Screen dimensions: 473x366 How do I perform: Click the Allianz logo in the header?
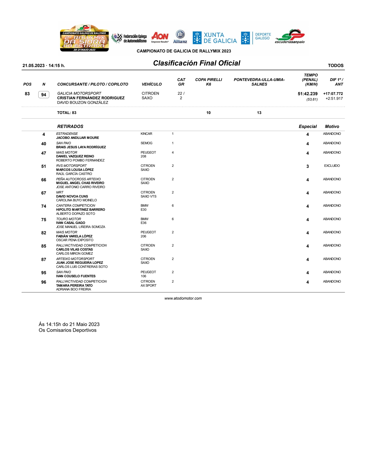(180, 37)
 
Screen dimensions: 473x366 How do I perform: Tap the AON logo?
(160, 37)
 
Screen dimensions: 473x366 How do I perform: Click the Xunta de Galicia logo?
(215, 38)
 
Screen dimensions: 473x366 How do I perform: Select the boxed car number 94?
(44, 95)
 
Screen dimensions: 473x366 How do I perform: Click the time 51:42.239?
(308, 94)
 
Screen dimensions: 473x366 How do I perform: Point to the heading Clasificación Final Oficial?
(196, 63)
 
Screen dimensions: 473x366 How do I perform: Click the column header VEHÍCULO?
(151, 84)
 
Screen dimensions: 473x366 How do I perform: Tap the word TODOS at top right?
(335, 66)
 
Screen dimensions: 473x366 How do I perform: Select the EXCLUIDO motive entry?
(332, 166)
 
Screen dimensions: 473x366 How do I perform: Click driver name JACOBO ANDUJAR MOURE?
(78, 138)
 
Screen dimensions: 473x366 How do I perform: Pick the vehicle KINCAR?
(146, 134)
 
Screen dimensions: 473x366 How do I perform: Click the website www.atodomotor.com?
(183, 298)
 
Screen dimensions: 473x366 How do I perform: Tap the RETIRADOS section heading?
(70, 126)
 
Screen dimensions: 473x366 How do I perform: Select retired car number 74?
(44, 206)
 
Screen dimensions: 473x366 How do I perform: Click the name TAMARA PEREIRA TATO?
(74, 285)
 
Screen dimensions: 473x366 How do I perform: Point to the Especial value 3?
(308, 166)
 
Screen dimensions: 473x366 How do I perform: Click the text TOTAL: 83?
(67, 113)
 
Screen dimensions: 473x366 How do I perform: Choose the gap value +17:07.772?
(333, 94)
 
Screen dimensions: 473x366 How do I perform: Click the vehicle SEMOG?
(146, 143)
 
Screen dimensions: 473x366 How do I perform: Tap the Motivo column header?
(332, 126)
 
